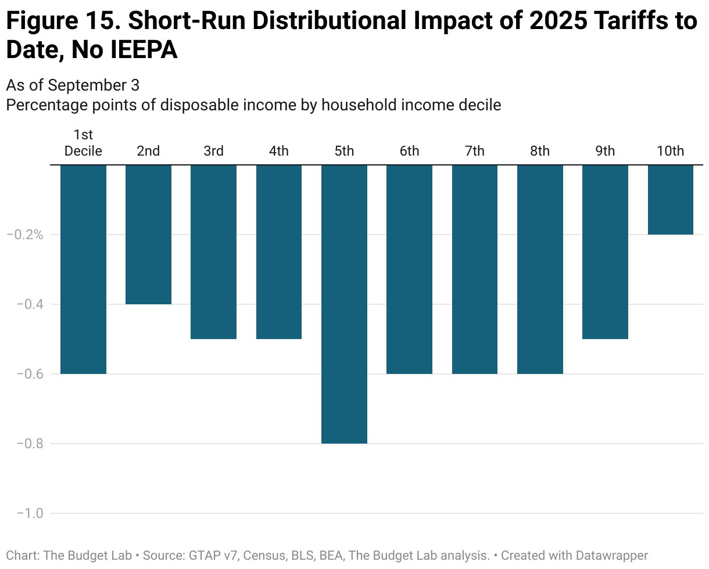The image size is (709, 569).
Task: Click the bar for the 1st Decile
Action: [x=83, y=269]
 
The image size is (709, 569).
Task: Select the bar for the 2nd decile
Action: [x=148, y=235]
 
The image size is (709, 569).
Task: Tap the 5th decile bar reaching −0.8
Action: [x=344, y=304]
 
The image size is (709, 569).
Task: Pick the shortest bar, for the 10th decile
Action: [x=670, y=200]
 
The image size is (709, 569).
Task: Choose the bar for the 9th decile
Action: [x=605, y=252]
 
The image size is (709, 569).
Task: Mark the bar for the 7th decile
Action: [x=474, y=269]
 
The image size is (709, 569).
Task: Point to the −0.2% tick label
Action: [x=24, y=235]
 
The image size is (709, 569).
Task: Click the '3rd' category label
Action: [x=213, y=151]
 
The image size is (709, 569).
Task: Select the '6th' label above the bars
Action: [x=409, y=151]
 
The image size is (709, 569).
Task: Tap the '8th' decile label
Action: [x=539, y=151]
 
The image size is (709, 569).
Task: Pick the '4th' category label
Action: [x=278, y=151]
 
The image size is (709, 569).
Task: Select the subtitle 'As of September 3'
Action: [x=73, y=85]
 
